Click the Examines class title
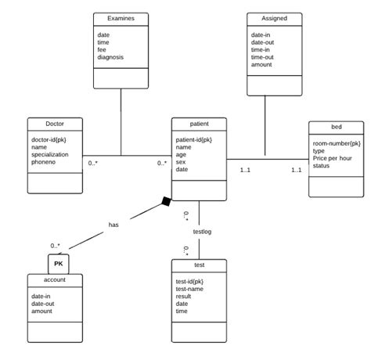(121, 18)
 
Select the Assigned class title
(274, 18)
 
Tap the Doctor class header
(55, 124)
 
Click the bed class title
(336, 128)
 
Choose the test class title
(199, 266)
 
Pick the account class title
(55, 279)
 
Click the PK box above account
(59, 264)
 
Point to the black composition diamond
(166, 202)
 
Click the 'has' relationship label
(113, 224)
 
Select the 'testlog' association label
(202, 232)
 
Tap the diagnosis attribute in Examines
(110, 57)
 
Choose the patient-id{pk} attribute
(193, 139)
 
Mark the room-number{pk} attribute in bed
(337, 143)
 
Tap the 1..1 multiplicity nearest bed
(297, 170)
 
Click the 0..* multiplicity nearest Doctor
(93, 163)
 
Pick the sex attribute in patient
(181, 162)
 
